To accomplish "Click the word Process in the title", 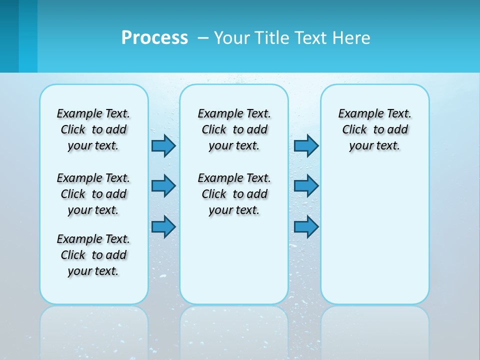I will (154, 37).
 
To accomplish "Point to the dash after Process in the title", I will (203, 38).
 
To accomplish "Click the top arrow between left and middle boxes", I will (163, 145).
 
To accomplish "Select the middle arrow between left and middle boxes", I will (163, 186).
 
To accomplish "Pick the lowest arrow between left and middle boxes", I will (163, 226).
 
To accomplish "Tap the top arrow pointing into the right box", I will (306, 145).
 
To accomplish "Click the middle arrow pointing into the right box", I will (306, 186).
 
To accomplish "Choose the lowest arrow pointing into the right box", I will (306, 226).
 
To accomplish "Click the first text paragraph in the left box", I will (93, 129).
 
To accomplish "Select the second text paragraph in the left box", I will (93, 194).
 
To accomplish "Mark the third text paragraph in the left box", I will (93, 255).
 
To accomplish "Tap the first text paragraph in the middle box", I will (234, 129).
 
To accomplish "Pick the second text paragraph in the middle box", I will (234, 194).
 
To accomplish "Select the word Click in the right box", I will (354, 129).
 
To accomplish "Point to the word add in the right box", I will (398, 129).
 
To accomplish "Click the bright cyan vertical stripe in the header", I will (28, 36).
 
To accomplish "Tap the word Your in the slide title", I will (232, 38).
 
